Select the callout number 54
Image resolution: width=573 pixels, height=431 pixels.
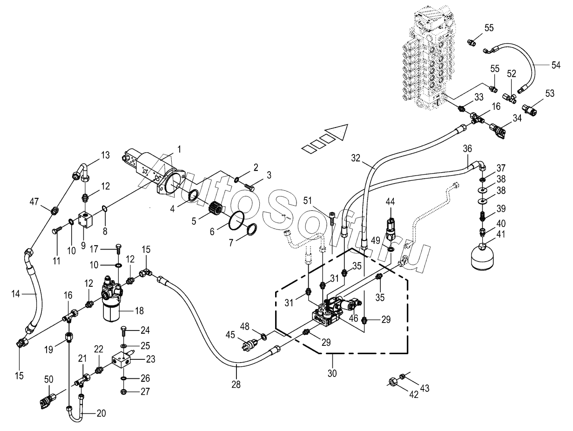[x=556, y=65]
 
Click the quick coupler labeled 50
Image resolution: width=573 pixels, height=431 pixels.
[x=48, y=399]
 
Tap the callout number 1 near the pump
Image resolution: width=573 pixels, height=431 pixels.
[x=179, y=149]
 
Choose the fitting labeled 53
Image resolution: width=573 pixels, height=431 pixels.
[x=530, y=110]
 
